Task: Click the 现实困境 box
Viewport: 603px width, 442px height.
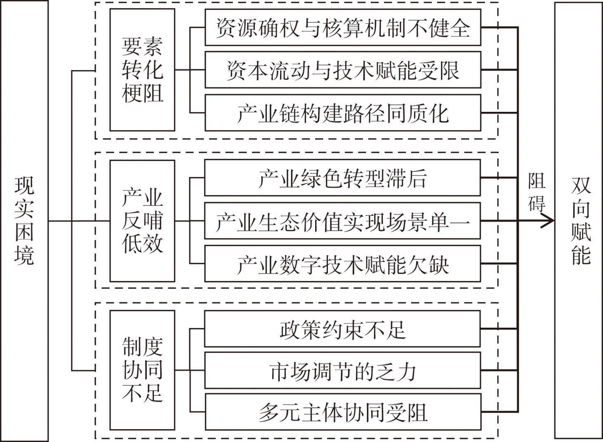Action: [24, 221]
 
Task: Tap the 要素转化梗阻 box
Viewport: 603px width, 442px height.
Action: [142, 70]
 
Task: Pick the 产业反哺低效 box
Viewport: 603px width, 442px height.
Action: [142, 221]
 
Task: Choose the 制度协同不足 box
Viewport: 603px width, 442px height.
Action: [142, 370]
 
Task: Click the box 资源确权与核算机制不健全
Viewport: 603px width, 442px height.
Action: [343, 27]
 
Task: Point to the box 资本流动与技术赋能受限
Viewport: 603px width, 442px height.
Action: [343, 70]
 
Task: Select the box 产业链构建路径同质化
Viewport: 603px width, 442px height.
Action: [343, 113]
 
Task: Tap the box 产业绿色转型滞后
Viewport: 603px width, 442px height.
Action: [343, 178]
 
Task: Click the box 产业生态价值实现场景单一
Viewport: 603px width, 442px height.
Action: [343, 221]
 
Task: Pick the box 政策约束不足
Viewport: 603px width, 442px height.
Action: [343, 329]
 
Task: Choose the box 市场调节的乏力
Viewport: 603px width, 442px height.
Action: [343, 371]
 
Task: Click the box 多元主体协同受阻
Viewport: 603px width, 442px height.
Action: [343, 412]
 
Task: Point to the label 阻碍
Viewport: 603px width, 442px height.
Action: [537, 192]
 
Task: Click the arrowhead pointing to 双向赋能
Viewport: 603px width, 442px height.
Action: [550, 221]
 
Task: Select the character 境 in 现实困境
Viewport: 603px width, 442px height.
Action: [24, 255]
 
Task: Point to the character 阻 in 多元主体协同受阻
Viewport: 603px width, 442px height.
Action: [417, 412]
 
